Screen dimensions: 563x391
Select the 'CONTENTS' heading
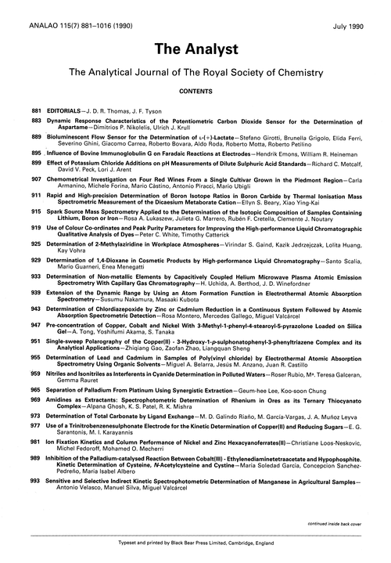tap(195, 91)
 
